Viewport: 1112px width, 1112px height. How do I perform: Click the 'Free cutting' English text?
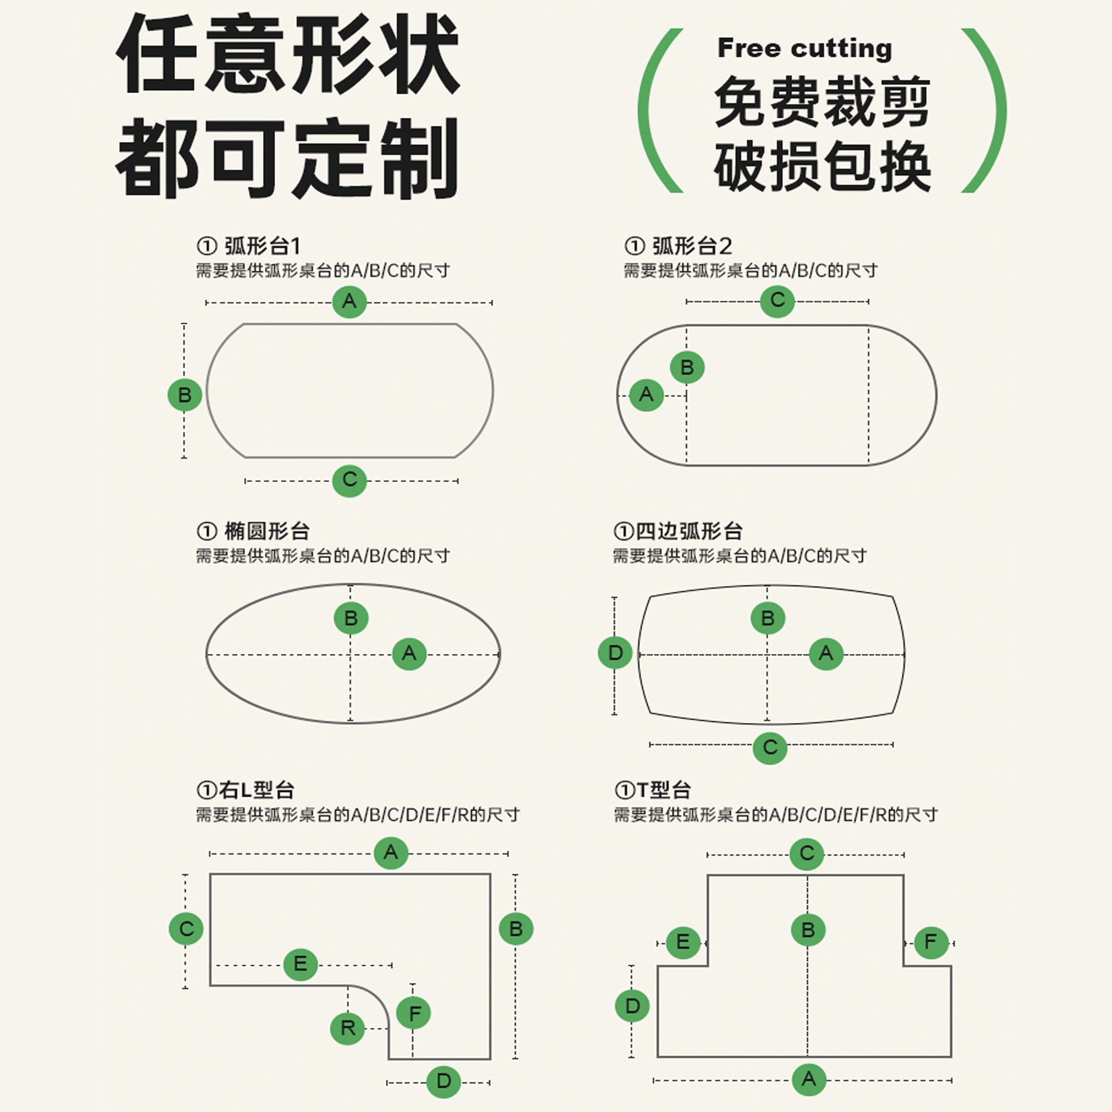[804, 48]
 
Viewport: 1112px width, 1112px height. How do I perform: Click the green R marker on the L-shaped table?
[348, 1027]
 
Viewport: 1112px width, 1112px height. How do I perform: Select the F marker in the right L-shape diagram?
[414, 1013]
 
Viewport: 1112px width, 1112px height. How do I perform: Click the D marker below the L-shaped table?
[444, 1081]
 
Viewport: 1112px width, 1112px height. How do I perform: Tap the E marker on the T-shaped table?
[683, 942]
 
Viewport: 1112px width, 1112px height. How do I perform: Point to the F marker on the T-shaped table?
[931, 942]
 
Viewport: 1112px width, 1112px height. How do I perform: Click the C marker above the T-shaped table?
[807, 853]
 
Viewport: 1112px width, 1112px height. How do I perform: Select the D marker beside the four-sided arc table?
[615, 653]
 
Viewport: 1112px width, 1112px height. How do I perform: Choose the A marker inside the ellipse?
[409, 653]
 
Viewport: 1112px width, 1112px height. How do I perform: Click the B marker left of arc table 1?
[185, 395]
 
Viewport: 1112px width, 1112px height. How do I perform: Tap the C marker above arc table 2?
[778, 300]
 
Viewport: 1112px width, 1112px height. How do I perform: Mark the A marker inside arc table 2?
[647, 395]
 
